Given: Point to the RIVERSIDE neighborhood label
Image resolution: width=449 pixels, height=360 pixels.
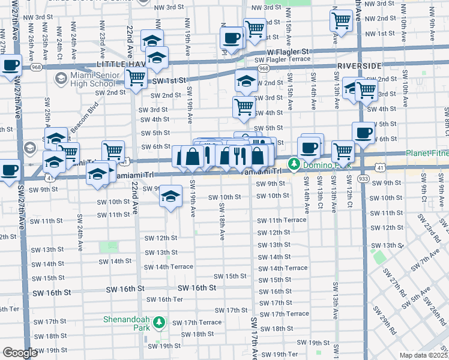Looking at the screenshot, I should point(360,65).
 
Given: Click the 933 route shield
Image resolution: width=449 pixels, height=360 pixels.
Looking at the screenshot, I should point(363,179).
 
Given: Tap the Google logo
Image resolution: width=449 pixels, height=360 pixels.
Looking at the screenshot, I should point(20,353).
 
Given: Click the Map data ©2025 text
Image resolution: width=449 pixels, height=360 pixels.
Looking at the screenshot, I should point(423,355).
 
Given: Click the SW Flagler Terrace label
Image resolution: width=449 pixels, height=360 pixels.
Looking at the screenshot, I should point(282,59).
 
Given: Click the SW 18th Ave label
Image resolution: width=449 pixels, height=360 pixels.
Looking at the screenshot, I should point(221,222).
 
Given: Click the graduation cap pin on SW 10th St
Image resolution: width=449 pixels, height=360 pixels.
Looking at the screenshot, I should point(170,196).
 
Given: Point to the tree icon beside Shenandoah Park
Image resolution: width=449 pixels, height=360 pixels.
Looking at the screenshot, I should point(158,323).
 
